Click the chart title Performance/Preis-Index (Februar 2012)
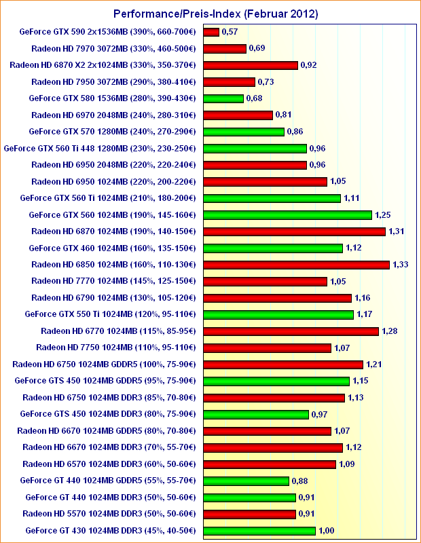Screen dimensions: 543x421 click(210, 14)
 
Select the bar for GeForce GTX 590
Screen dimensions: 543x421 click(211, 32)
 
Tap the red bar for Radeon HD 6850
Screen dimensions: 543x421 click(296, 265)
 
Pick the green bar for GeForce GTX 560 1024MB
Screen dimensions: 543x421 click(287, 215)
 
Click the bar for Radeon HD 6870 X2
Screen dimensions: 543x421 click(251, 65)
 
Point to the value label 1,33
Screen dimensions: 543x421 click(400, 265)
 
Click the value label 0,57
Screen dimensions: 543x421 click(230, 32)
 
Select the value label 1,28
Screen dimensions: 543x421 click(389, 331)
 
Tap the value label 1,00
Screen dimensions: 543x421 click(327, 531)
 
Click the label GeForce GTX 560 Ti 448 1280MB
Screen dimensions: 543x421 click(100, 148)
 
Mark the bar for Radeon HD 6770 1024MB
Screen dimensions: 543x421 click(291, 331)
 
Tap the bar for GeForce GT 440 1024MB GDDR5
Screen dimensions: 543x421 click(246, 481)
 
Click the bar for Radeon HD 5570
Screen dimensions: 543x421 click(250, 514)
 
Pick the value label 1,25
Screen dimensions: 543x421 click(382, 215)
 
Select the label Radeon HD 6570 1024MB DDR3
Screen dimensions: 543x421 click(109, 464)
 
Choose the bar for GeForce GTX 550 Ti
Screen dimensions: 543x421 click(278, 315)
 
